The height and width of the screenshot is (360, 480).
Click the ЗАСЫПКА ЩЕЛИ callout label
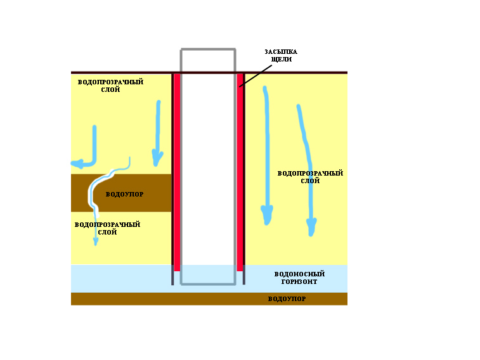pos(281,55)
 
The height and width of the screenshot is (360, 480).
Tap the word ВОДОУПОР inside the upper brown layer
pos(124,194)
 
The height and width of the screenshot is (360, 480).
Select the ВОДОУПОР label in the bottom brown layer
pos(287,299)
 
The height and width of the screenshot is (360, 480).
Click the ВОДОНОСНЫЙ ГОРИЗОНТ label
pos(299,278)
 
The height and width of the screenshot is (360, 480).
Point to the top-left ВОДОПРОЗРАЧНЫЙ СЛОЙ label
pos(110,86)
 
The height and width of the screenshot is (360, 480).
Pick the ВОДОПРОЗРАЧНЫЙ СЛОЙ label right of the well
pos(310,177)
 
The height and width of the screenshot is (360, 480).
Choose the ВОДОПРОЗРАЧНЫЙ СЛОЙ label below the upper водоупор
pos(107,228)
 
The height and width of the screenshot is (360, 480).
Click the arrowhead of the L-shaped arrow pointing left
pos(77,164)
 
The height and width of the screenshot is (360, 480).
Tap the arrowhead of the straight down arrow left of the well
pos(157,158)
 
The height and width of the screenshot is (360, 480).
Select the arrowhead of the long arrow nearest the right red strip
pos(267,215)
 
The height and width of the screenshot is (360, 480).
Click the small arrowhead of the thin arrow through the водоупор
pos(96,242)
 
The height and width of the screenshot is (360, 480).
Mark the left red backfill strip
pos(177,172)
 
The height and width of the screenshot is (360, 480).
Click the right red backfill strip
pos(240,172)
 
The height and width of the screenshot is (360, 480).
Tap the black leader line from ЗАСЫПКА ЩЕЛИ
pos(256,76)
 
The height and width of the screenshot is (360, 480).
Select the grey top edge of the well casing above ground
pos(208,49)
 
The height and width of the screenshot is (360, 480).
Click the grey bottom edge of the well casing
pos(208,285)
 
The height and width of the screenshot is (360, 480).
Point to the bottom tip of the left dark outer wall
pos(172,285)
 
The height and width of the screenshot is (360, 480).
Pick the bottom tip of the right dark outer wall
pos(244,284)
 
